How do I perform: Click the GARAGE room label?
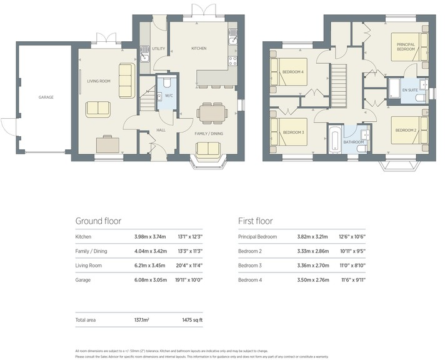[x=46, y=97]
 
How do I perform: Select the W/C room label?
[x=167, y=96]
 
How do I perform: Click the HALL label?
[x=161, y=130]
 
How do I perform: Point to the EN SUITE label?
[x=409, y=91]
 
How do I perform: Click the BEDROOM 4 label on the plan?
[x=293, y=72]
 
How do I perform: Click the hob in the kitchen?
[x=234, y=61]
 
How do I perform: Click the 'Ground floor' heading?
[x=98, y=221]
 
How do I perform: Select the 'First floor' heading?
[x=255, y=221]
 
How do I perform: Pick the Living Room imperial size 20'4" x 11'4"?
[x=194, y=266]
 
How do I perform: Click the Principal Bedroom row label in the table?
[x=257, y=237]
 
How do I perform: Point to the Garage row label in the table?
[x=83, y=280]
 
